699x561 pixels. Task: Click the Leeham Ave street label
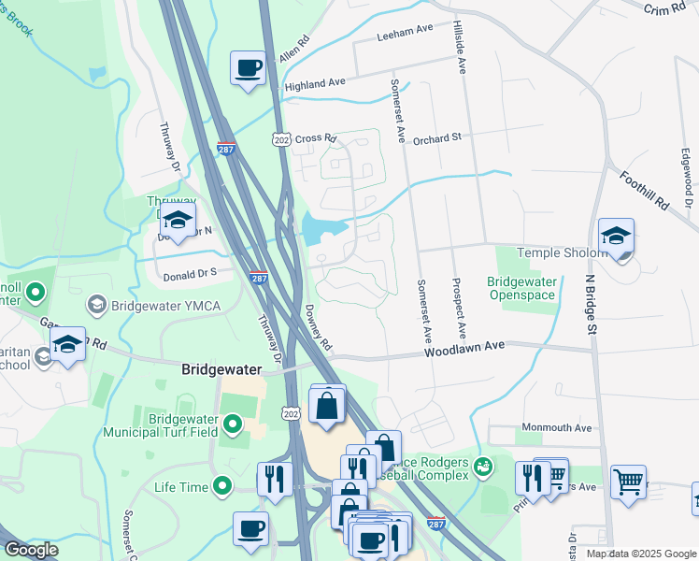[405, 31]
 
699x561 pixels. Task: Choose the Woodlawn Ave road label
[464, 348]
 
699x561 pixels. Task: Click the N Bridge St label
[591, 301]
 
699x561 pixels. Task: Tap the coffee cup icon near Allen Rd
[249, 67]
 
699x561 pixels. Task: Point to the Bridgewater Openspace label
[521, 288]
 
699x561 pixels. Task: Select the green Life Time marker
[221, 486]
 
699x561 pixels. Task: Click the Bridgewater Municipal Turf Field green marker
[233, 426]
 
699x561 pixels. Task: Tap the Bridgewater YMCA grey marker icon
[96, 305]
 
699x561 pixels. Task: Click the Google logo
[31, 550]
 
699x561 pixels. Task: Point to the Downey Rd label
[317, 328]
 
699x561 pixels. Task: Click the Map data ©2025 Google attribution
[640, 554]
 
